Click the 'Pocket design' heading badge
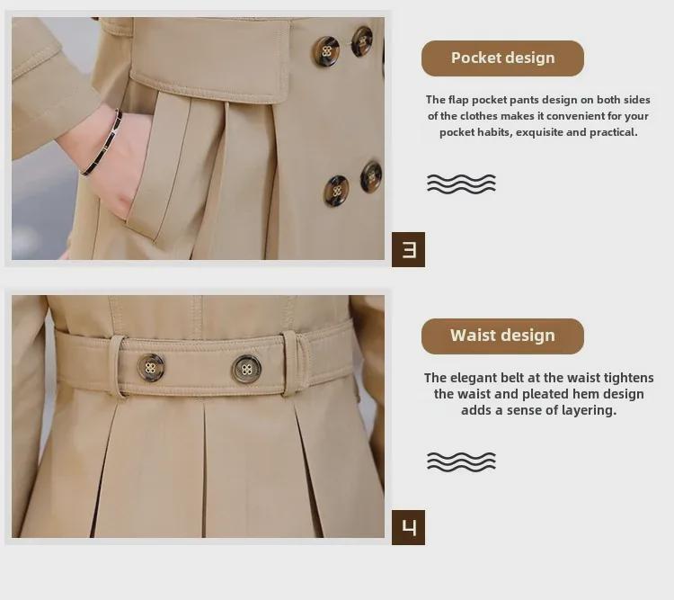502,58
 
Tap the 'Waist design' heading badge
502,336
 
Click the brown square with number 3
408,250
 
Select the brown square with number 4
408,528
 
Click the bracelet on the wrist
103,143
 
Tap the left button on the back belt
150,368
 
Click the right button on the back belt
246,369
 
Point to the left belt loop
116,366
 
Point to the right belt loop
291,363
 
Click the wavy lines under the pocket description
461,184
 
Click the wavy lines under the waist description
461,461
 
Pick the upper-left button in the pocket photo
325,51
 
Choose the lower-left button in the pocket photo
336,190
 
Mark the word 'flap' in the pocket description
458,100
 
